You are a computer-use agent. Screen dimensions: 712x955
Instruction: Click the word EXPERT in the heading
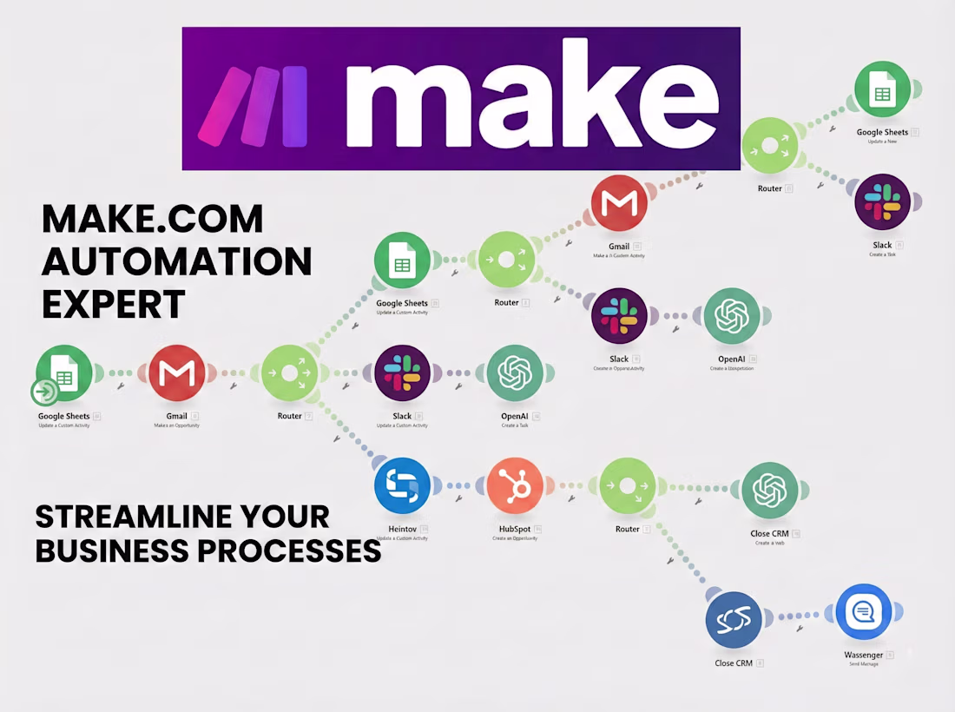click(x=114, y=304)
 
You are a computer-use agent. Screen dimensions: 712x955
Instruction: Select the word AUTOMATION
click(x=177, y=261)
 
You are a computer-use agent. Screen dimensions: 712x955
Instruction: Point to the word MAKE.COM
click(x=153, y=219)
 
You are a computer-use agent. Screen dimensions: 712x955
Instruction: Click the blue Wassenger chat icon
click(x=864, y=612)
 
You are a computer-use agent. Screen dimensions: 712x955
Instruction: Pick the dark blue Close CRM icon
click(x=734, y=620)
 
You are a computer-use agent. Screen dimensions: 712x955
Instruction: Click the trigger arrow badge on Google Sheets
click(x=45, y=392)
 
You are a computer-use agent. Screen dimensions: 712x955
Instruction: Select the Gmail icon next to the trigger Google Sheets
click(x=177, y=373)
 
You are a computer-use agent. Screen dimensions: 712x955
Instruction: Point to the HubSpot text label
click(x=514, y=529)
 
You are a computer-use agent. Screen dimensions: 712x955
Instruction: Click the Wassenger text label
click(x=863, y=655)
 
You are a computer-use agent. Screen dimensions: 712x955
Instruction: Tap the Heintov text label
click(x=403, y=529)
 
